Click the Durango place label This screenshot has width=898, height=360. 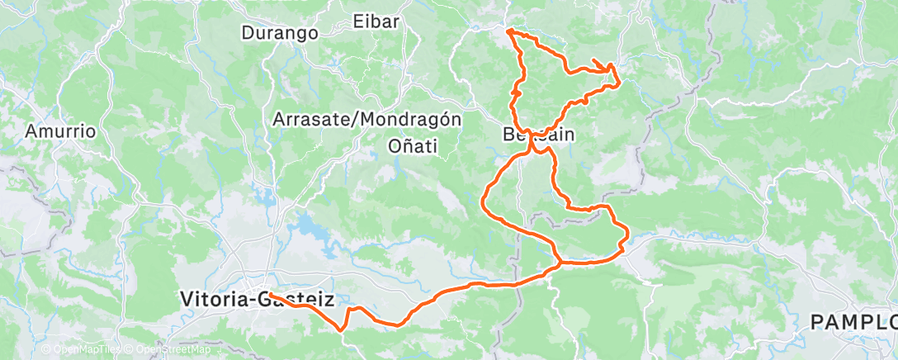point(280,34)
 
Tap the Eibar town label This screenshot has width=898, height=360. point(376,21)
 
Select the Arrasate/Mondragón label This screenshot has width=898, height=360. point(366,119)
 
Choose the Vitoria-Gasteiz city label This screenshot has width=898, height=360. point(257,299)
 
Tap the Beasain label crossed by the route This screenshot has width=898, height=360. point(538,134)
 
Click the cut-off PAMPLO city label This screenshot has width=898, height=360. point(853,320)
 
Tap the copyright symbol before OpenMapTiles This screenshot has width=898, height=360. point(47,350)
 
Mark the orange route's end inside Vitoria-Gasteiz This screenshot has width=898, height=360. point(269,295)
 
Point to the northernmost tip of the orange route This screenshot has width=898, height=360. point(508,31)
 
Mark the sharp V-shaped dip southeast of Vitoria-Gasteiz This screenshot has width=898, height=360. point(341,329)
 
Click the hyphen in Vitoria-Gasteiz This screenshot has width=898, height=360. point(251,299)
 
